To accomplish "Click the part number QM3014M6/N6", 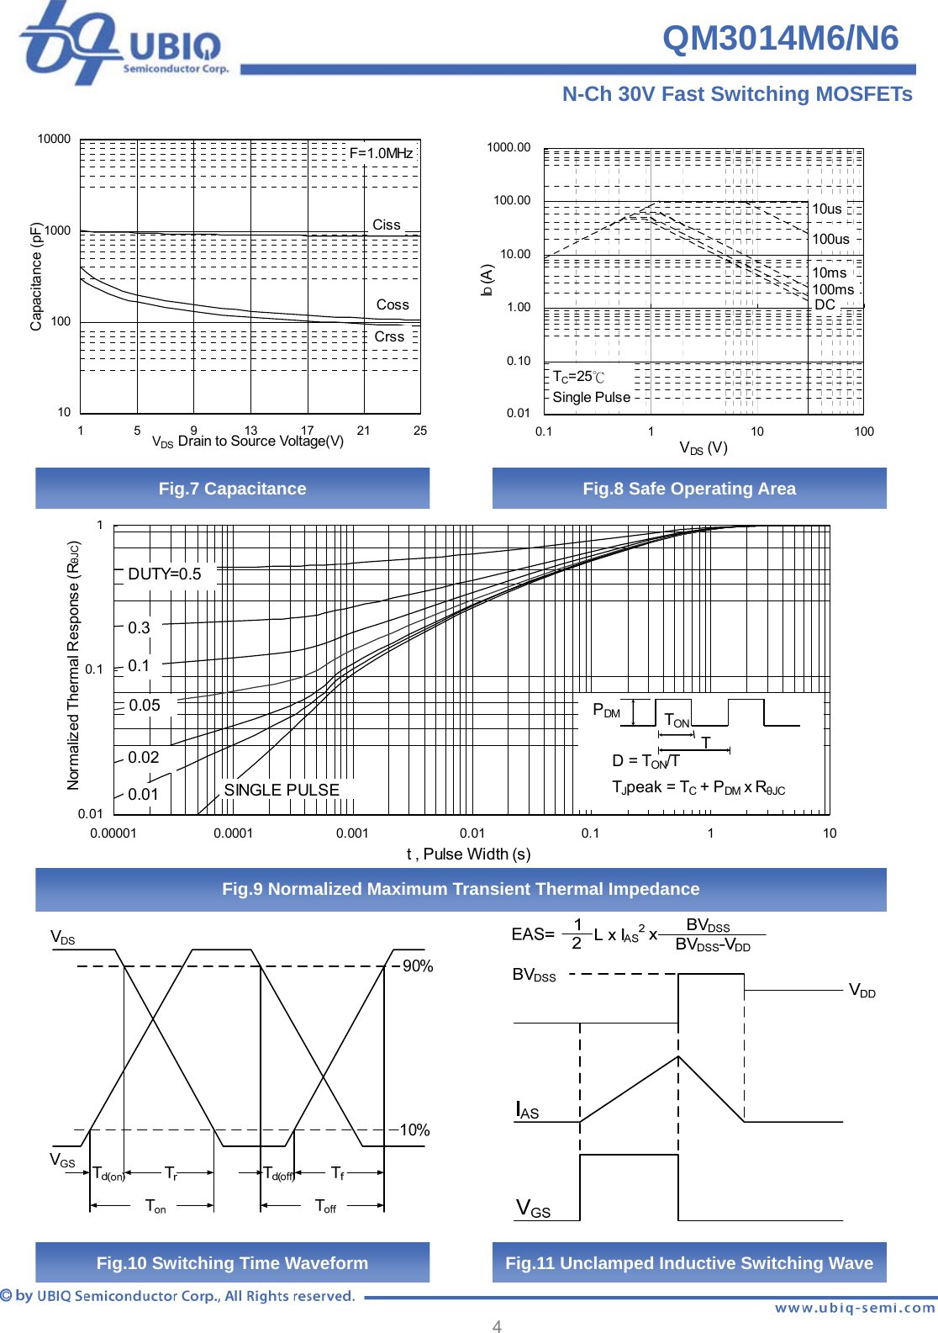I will click(780, 39).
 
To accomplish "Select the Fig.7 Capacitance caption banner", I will click(232, 489).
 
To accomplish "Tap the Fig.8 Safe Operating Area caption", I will click(689, 489).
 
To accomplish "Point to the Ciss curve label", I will click(387, 225).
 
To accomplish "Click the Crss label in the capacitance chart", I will click(389, 336).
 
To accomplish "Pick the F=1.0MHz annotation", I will click(381, 153).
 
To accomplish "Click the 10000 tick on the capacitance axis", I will click(54, 139).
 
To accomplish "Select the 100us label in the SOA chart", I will click(830, 239).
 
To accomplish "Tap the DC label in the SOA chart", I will click(825, 304).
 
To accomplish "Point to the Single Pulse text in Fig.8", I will click(591, 397).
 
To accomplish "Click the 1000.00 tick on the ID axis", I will click(509, 147).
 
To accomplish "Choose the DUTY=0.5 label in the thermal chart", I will click(165, 574).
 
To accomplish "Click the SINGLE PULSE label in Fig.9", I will click(282, 790).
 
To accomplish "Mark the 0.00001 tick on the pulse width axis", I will click(113, 833).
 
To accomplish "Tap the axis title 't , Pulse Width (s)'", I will click(468, 854).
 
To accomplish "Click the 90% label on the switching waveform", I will click(418, 966).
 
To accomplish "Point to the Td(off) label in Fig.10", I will click(279, 1173).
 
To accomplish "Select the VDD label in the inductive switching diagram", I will click(862, 991).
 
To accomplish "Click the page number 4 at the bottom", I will click(497, 1326).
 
